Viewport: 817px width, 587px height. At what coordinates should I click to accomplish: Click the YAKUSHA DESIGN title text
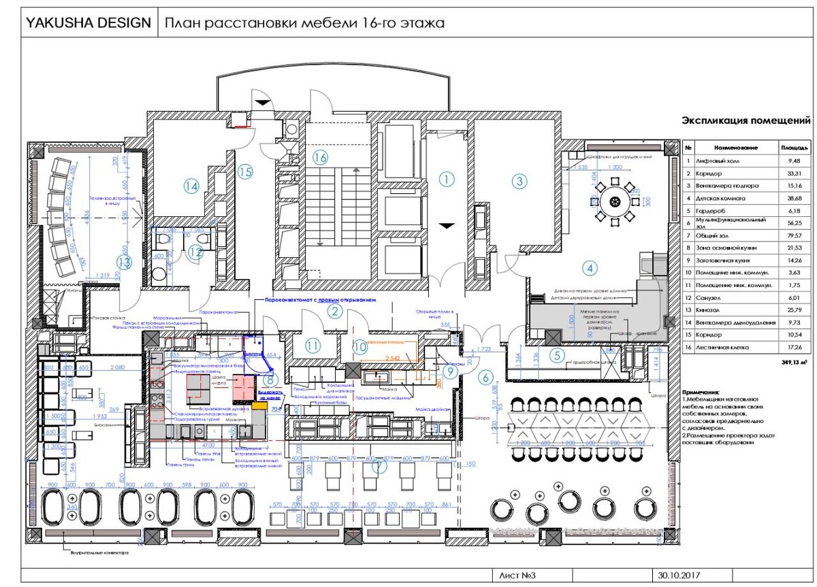[88, 23]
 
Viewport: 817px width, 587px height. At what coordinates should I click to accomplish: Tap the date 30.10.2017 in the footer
[674, 575]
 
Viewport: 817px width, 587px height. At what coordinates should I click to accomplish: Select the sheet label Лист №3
[518, 575]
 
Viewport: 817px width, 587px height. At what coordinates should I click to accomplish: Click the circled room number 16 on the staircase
[321, 158]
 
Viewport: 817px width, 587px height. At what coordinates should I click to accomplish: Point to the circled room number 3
[519, 180]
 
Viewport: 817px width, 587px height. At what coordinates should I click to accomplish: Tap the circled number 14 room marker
[191, 185]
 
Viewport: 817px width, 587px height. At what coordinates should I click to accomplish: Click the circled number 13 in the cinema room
[124, 262]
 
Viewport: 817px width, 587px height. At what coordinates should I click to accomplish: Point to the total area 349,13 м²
[795, 363]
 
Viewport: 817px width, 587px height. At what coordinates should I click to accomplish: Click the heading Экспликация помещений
[747, 121]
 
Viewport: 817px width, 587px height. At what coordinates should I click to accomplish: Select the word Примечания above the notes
[701, 392]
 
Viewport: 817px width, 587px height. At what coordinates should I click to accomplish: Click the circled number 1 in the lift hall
[446, 180]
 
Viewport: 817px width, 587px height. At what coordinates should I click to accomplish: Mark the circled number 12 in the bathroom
[196, 252]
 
